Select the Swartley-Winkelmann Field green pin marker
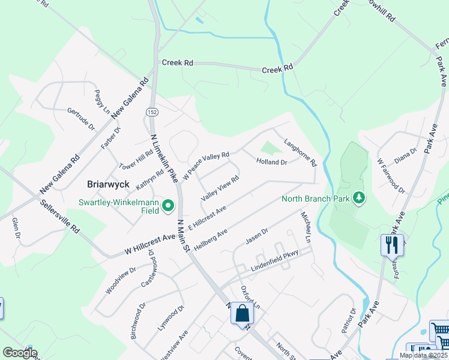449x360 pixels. (x=169, y=206)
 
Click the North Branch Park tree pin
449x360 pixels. (x=358, y=197)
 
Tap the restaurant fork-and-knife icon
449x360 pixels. (x=392, y=245)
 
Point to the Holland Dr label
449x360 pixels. (x=272, y=162)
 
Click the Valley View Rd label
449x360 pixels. (x=220, y=188)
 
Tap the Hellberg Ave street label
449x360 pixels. (x=210, y=239)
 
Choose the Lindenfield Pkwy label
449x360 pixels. (x=274, y=258)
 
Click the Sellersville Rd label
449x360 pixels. (x=55, y=210)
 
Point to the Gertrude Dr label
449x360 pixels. (x=82, y=119)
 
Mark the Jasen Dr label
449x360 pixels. (x=256, y=236)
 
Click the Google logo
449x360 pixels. (x=20, y=353)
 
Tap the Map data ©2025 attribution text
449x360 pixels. (x=423, y=355)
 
